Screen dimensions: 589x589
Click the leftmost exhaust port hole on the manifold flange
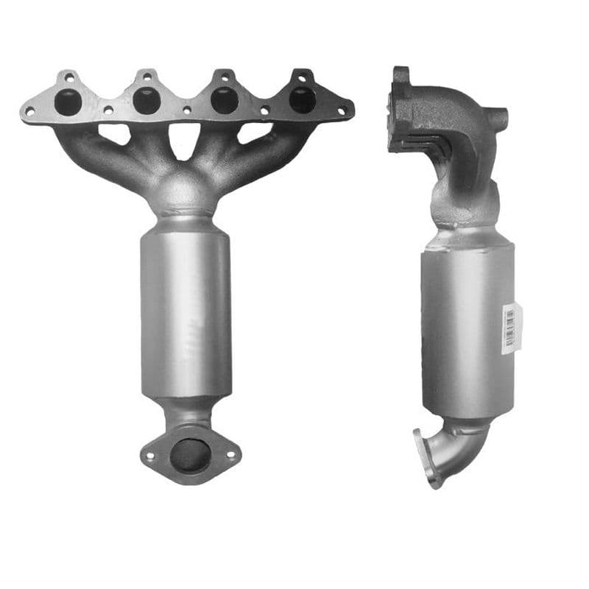(x=68, y=102)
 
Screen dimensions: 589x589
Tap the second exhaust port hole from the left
(x=147, y=101)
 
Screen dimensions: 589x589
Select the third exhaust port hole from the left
(x=225, y=100)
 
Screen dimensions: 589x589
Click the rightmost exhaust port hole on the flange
(x=303, y=99)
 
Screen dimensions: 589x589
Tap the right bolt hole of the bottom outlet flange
(x=230, y=455)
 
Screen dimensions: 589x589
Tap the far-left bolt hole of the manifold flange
(x=29, y=112)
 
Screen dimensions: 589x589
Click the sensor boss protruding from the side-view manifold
(x=498, y=117)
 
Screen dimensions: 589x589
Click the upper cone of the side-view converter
(x=464, y=237)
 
